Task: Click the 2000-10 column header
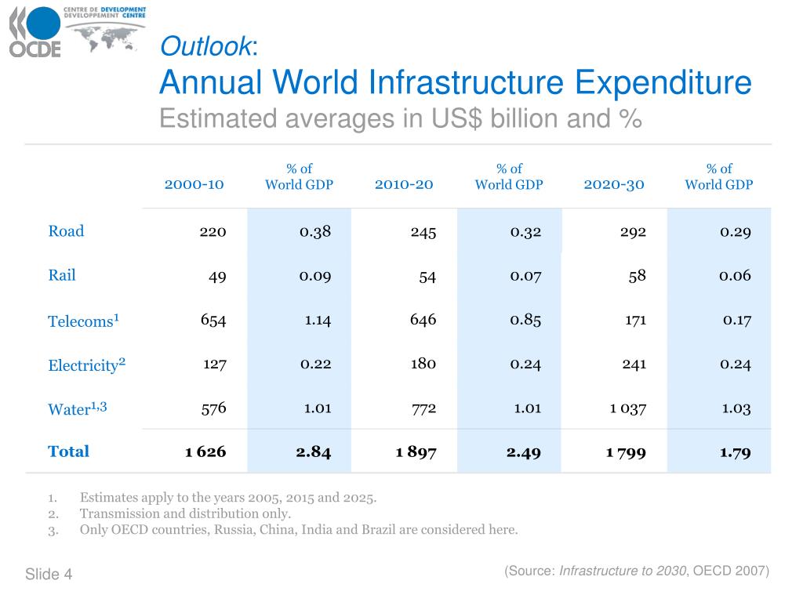click(194, 184)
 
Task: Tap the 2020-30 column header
click(614, 184)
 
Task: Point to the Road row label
click(66, 231)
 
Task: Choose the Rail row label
click(62, 275)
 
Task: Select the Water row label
click(77, 408)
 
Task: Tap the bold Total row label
click(68, 451)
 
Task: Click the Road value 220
click(213, 232)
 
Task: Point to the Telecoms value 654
click(213, 320)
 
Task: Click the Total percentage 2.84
click(314, 451)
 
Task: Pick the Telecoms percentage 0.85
click(525, 320)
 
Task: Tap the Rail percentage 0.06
click(735, 275)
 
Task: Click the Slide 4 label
click(49, 575)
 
